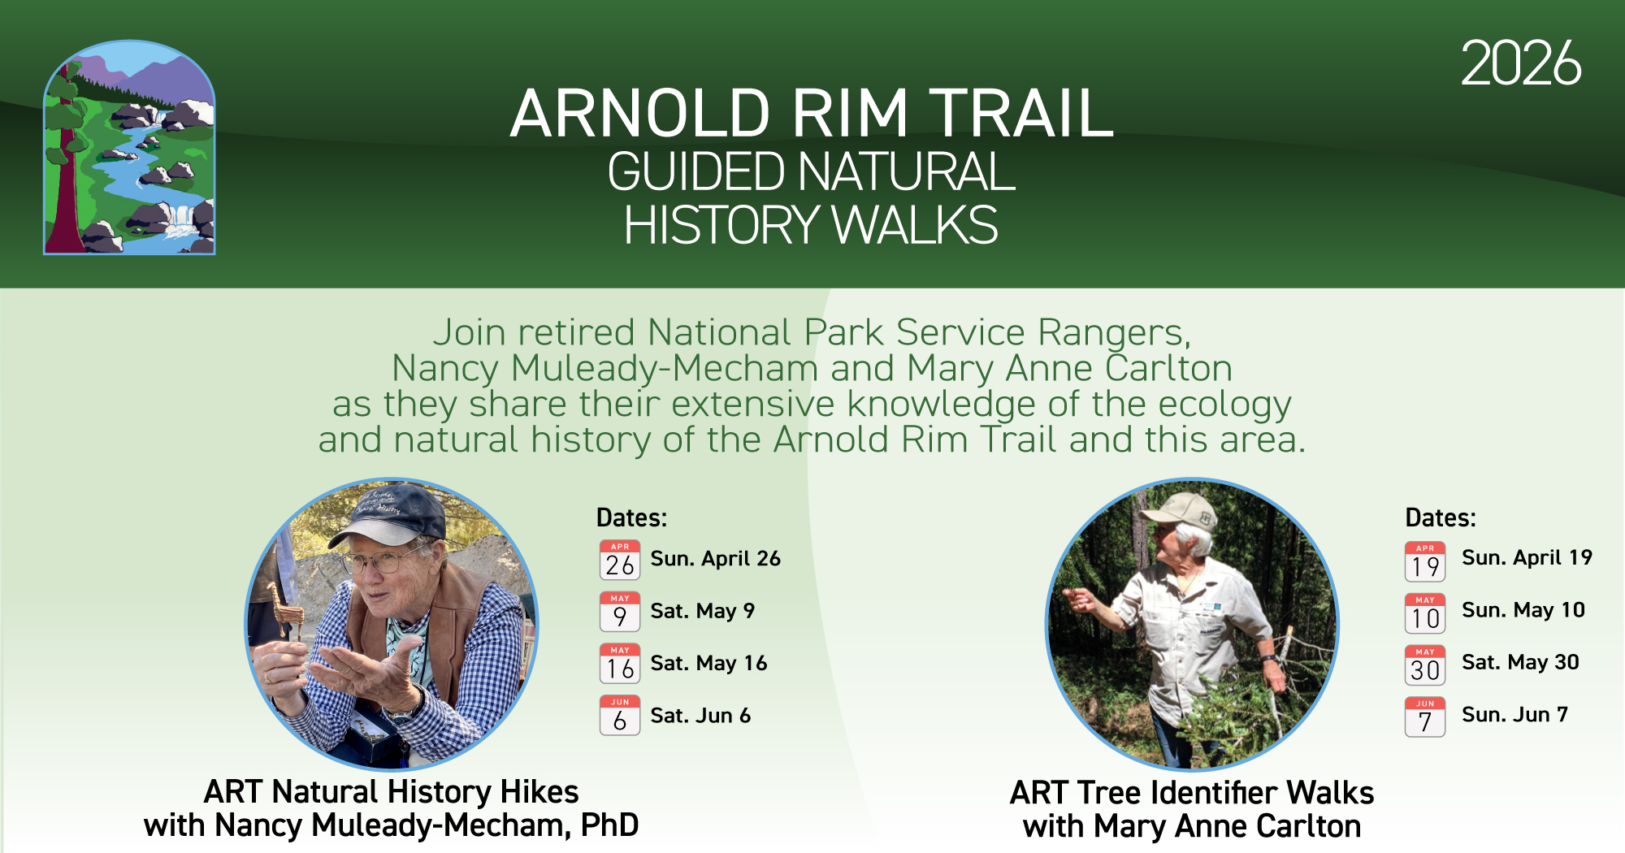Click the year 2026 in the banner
point(1521,63)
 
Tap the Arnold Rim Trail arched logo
point(129,147)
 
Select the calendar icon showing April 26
point(620,560)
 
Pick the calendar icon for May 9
point(620,612)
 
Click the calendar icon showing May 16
point(620,664)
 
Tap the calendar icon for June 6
point(620,716)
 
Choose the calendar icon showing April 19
point(1425,561)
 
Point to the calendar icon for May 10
point(1425,613)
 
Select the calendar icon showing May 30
point(1425,665)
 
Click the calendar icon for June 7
point(1425,717)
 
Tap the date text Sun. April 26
point(715,559)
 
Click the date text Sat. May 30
point(1520,662)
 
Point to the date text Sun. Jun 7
point(1514,715)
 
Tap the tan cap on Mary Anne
point(1178,509)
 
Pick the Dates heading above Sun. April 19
point(1441,518)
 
